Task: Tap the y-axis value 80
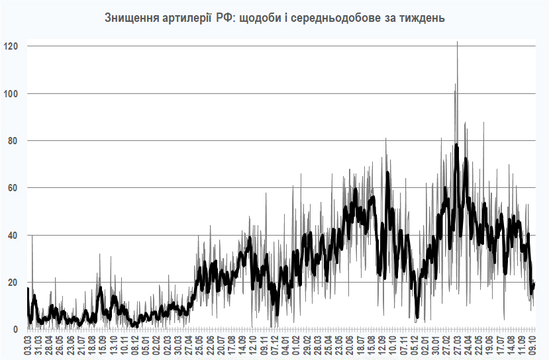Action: pos(13,141)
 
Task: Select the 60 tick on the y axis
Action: pos(13,188)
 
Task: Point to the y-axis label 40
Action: pos(13,236)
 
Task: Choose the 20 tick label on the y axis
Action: pos(13,283)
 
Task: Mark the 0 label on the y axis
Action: pos(15,330)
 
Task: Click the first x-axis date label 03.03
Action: pos(28,345)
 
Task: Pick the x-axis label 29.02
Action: pos(309,345)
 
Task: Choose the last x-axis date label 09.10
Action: pos(531,345)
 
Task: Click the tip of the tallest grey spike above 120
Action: pos(457,42)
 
